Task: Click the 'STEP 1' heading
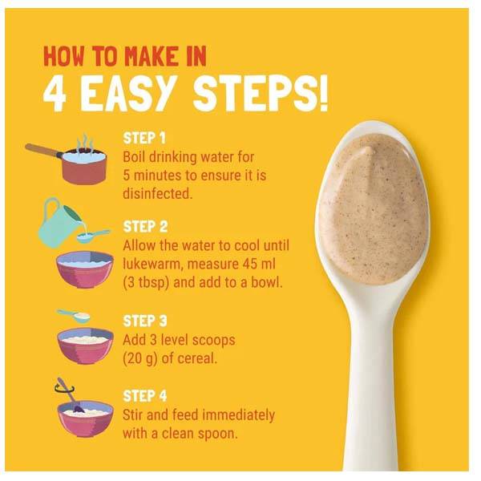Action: (x=144, y=139)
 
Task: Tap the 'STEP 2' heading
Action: (x=145, y=227)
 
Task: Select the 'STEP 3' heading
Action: (x=145, y=321)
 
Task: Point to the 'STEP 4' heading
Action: (x=145, y=396)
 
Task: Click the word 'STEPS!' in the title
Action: (x=261, y=93)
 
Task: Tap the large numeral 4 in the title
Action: (x=55, y=93)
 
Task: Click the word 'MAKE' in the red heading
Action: (x=151, y=56)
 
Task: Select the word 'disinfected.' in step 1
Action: (x=158, y=193)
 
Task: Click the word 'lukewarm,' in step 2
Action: (x=153, y=265)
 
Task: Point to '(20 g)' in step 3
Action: (x=139, y=358)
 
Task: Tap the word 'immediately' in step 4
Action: (x=239, y=415)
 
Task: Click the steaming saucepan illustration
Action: (x=67, y=160)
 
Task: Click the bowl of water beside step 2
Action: (x=85, y=269)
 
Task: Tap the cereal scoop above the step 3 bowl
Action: (x=74, y=316)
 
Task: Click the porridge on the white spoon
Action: (x=374, y=208)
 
